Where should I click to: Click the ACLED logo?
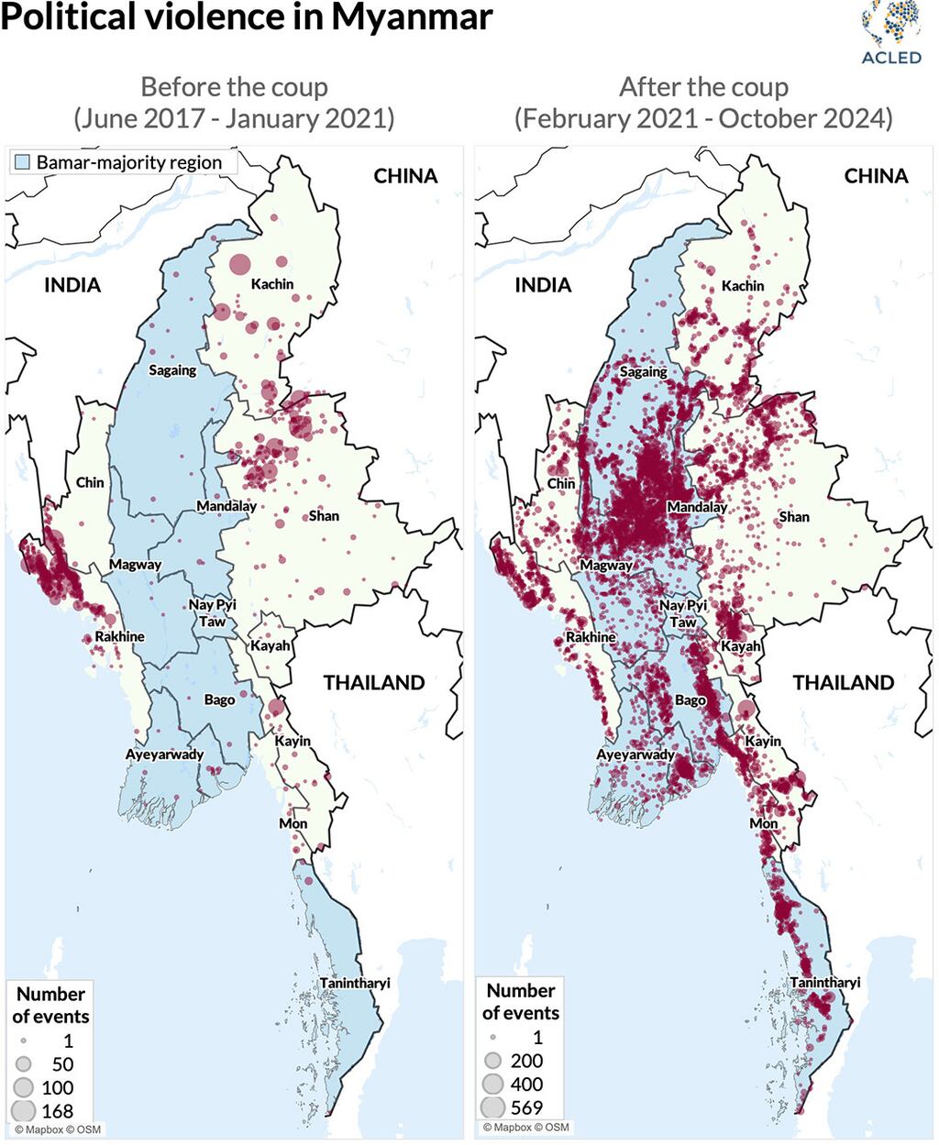pos(890,33)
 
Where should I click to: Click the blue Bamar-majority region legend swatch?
pos(23,163)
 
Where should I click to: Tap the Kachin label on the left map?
pos(272,284)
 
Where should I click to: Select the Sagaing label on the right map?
pos(643,371)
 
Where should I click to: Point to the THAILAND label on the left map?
pos(373,682)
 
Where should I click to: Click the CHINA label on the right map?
pos(876,176)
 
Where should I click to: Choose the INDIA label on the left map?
pos(72,285)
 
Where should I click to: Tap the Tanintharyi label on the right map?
pos(825,982)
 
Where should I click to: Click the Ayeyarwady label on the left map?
pos(165,754)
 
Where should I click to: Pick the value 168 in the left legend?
pos(57,1110)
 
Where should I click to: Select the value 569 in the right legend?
pos(526,1107)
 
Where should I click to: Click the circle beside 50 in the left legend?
pos(24,1064)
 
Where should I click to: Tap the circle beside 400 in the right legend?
pos(493,1084)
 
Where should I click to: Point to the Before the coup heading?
pos(234,87)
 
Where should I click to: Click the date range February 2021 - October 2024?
pos(703,118)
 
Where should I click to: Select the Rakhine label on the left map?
pos(120,636)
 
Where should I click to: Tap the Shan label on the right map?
pos(794,516)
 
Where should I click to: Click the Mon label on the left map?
pos(293,823)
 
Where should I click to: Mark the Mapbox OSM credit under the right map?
pos(525,1128)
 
